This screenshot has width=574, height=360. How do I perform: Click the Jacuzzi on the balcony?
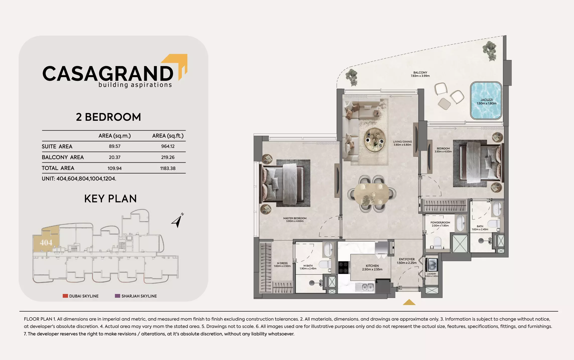[x=486, y=101]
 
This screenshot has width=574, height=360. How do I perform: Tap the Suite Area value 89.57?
[x=115, y=146]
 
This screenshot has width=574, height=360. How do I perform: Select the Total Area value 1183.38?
[x=168, y=168]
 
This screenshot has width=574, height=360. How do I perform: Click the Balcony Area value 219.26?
[x=168, y=157]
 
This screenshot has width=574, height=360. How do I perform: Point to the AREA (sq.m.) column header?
[x=115, y=136]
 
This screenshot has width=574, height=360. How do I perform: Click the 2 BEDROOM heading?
[x=108, y=117]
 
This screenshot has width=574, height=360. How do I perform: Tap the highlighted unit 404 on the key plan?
[x=46, y=243]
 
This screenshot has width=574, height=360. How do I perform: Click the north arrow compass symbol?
[x=177, y=220]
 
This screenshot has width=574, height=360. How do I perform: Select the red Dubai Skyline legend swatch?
[x=65, y=296]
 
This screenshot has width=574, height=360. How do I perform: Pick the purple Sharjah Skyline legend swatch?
[x=117, y=296]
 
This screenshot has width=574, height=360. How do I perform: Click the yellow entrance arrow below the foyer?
[x=409, y=302]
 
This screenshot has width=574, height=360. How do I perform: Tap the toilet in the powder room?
[x=437, y=242]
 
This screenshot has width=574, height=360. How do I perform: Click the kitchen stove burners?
[x=343, y=267]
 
